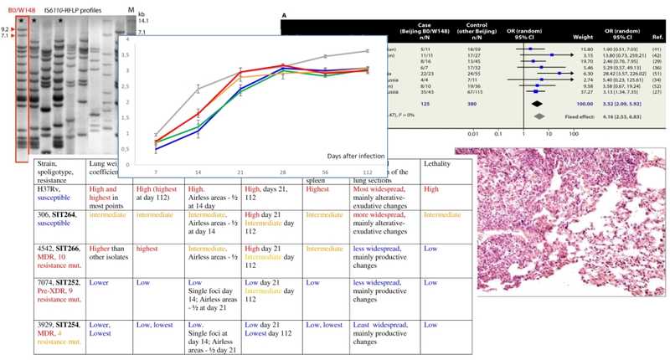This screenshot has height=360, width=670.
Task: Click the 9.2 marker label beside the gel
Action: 7,28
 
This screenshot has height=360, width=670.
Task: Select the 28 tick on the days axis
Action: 283,172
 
